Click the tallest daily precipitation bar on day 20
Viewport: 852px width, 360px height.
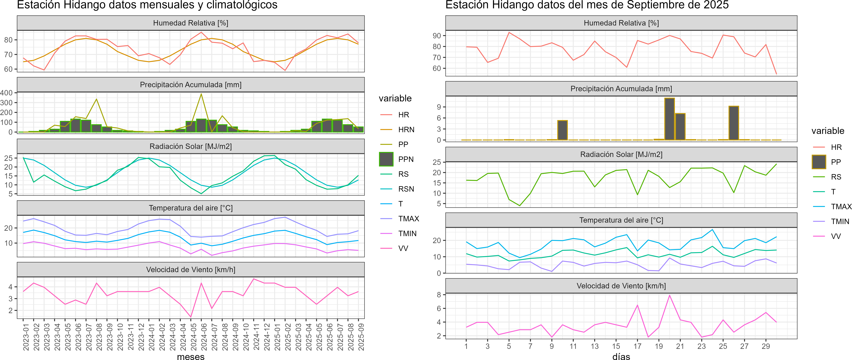669,119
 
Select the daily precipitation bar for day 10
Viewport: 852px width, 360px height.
562,130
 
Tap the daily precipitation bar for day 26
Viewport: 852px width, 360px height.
734,123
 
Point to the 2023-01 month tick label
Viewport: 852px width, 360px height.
26,337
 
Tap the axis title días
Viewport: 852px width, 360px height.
621,356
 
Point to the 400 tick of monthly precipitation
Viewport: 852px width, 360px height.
7,93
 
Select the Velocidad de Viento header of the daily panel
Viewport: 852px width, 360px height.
621,286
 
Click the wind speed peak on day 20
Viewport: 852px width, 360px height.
669,295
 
